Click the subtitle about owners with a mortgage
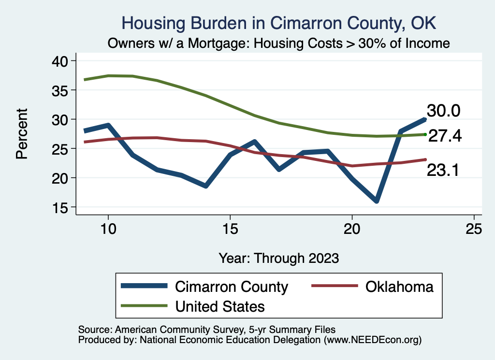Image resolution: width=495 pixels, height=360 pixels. [279, 43]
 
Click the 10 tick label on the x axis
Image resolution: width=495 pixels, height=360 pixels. [108, 229]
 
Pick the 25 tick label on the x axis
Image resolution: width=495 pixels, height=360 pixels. [474, 229]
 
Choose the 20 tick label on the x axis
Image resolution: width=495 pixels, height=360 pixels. [352, 229]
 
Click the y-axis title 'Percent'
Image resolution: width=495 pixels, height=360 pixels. [22, 134]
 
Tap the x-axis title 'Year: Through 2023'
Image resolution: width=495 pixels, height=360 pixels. [278, 258]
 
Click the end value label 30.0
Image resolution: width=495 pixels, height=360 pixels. [443, 111]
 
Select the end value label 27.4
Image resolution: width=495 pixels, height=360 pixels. [445, 136]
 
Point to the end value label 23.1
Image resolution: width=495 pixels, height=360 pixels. [443, 170]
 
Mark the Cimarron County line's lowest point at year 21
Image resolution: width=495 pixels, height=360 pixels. [376, 201]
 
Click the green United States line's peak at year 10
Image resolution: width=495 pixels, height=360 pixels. [108, 75]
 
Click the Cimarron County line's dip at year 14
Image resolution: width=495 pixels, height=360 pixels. [206, 186]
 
